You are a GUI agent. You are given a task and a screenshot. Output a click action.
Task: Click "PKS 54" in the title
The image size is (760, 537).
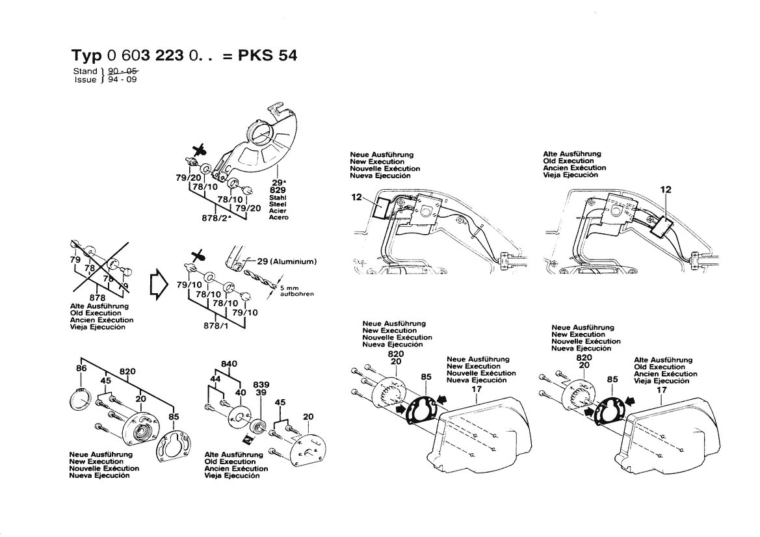point(268,55)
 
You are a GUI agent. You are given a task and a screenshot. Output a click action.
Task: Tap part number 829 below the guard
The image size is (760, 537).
point(278,189)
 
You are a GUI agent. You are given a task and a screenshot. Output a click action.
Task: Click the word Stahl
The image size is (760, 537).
point(278,197)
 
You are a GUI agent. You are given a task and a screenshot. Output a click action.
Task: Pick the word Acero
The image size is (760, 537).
point(278,218)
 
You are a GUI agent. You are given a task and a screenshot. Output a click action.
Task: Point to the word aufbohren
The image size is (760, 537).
point(296,294)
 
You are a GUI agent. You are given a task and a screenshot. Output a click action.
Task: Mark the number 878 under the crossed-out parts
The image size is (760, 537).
point(98,298)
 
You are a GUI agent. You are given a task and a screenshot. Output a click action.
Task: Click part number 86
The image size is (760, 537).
point(81,369)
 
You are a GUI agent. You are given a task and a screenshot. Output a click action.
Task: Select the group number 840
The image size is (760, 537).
point(229,363)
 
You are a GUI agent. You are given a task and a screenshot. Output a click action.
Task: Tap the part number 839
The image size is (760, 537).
point(261,385)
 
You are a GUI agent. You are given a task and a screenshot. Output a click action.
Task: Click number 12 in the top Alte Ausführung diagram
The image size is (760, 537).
point(665,190)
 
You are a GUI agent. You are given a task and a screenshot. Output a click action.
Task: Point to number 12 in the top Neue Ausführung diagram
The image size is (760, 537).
point(356,197)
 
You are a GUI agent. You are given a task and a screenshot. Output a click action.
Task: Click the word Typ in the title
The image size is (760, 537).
point(86,55)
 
